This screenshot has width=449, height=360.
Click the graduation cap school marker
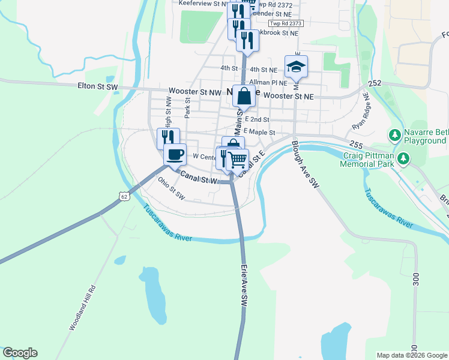(296, 66)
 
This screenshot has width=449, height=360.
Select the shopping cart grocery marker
(238, 159)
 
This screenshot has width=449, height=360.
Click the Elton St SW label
(98, 86)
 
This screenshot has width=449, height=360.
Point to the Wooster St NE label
(289, 96)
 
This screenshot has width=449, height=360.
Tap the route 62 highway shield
(124, 196)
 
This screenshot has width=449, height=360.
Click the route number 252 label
(375, 84)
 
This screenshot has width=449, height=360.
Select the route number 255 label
(355, 145)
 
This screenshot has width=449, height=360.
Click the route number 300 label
(415, 280)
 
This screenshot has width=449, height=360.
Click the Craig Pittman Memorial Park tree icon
(405, 158)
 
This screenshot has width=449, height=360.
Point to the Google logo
(20, 353)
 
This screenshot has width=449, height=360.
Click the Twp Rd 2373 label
(286, 23)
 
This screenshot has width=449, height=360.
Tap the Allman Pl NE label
(268, 82)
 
